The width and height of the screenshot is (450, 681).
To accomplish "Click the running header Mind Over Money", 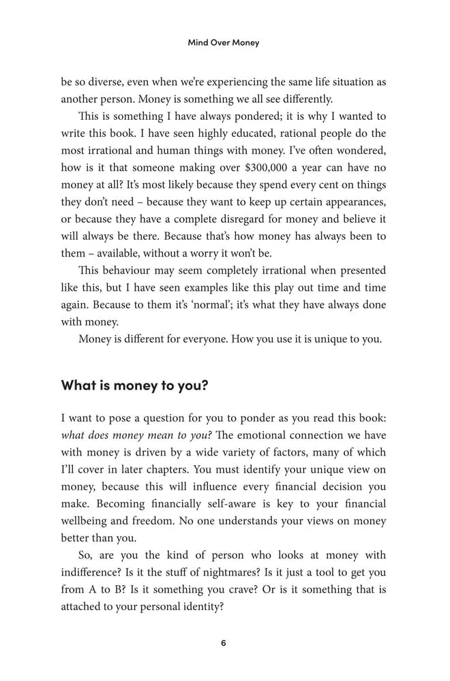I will (224, 42).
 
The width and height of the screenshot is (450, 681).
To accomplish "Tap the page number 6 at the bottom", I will (224, 642).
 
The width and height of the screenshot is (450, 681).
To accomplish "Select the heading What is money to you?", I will (134, 385).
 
